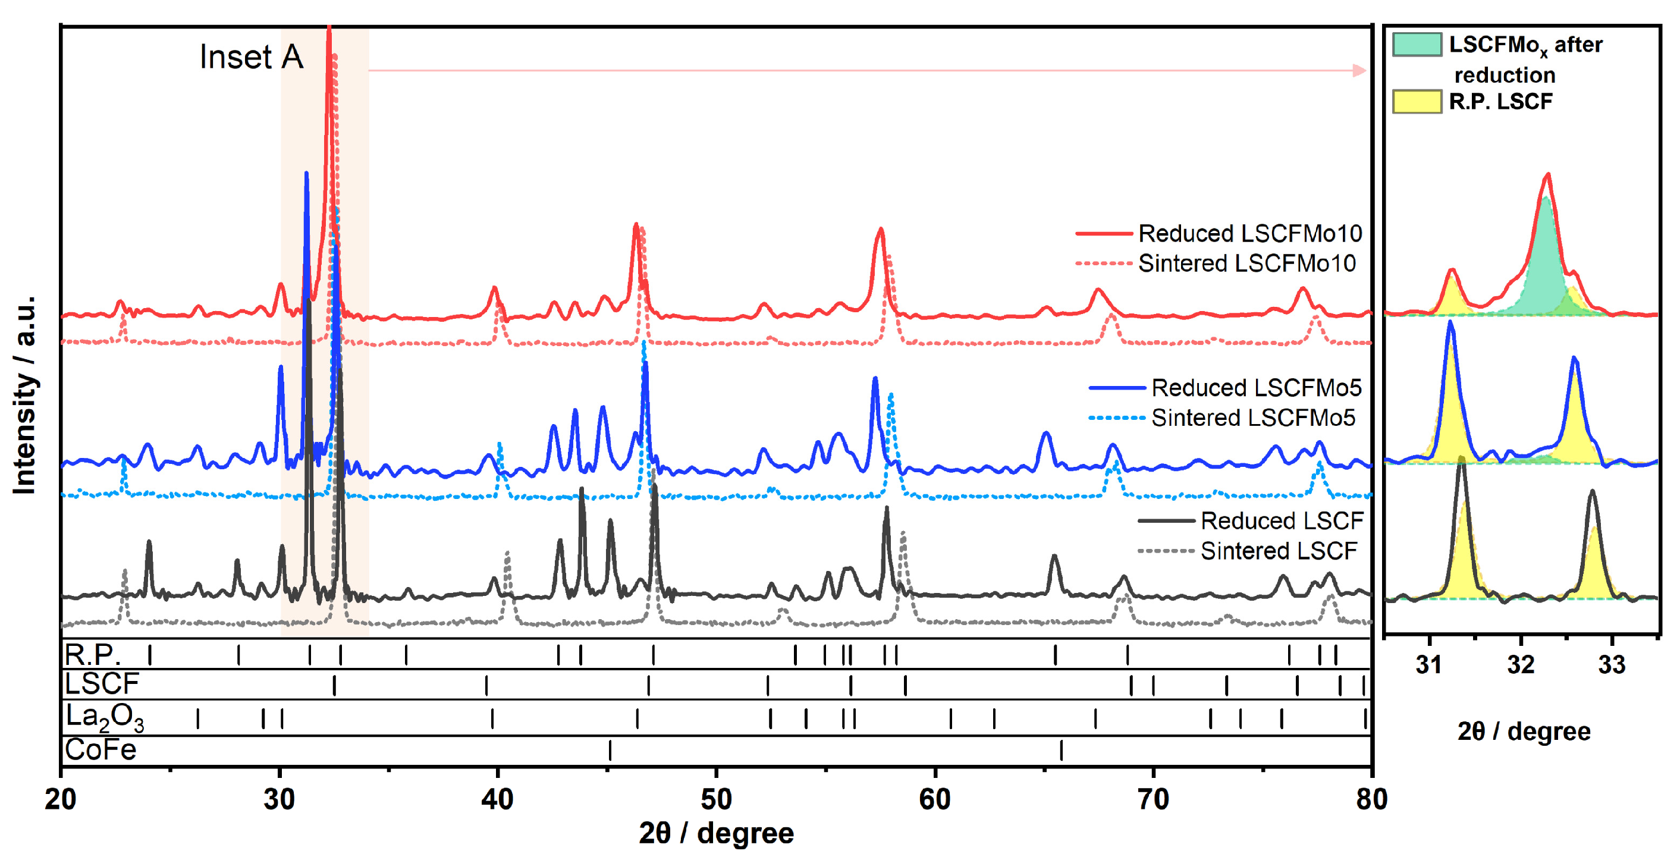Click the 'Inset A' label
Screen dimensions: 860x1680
pos(251,57)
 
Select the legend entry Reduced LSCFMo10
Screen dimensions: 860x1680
pos(1249,233)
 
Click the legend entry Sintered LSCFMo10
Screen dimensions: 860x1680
pos(1246,263)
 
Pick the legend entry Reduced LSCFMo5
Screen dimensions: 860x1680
pos(1255,387)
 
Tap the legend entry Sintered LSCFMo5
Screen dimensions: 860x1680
pos(1252,418)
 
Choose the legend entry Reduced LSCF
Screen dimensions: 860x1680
pos(1282,520)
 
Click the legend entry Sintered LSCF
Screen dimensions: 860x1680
pos(1278,551)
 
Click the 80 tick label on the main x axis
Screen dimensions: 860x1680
pos(1371,798)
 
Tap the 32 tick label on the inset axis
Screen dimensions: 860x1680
pos(1520,664)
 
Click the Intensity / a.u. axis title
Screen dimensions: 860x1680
pos(25,394)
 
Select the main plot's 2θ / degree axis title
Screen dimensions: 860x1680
pos(716,833)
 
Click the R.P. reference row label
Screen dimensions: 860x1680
pos(93,653)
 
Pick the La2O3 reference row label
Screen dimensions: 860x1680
pos(104,717)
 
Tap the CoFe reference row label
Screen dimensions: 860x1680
pos(101,749)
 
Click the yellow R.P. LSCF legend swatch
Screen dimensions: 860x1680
pos(1417,102)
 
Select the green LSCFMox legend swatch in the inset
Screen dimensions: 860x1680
pos(1417,45)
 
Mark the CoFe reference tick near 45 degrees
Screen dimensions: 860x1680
pos(610,750)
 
